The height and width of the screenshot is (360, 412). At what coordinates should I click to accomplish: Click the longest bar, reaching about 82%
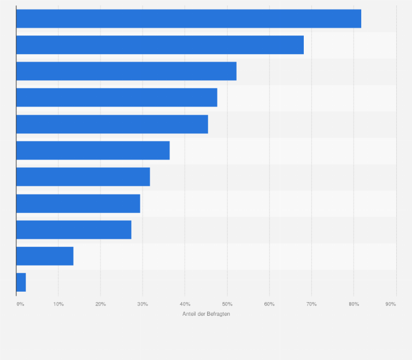[x=189, y=19]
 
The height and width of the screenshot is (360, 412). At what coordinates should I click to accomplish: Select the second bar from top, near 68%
[x=160, y=45]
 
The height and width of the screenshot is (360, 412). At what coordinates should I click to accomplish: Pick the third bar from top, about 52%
[x=126, y=71]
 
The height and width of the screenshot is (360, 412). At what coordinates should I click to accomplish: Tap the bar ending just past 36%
[x=93, y=150]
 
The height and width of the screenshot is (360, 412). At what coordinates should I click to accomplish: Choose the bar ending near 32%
[x=83, y=177]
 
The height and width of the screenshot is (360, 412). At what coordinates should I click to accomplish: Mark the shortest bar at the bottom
[x=21, y=282]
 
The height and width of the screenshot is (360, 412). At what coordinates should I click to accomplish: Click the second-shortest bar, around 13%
[x=45, y=256]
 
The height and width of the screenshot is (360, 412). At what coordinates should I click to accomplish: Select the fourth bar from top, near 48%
[x=116, y=98]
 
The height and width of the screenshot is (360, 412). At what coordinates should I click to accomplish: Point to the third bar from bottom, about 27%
[x=74, y=229]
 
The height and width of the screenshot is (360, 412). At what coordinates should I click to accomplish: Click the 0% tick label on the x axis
[x=20, y=304]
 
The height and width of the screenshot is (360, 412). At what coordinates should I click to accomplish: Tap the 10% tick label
[x=58, y=304]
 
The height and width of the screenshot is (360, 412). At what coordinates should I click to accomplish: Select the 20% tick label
[x=101, y=304]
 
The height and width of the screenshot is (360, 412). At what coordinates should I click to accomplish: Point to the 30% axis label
[x=143, y=304]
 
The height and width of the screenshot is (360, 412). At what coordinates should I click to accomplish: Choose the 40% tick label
[x=185, y=304]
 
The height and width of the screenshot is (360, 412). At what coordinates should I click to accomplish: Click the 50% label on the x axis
[x=227, y=304]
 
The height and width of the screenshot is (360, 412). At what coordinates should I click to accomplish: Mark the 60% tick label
[x=269, y=304]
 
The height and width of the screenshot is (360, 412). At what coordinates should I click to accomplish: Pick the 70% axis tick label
[x=311, y=304]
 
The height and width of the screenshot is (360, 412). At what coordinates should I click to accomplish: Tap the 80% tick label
[x=354, y=304]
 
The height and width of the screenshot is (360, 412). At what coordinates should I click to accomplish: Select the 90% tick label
[x=390, y=304]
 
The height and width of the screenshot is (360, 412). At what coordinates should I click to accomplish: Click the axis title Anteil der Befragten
[x=206, y=314]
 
